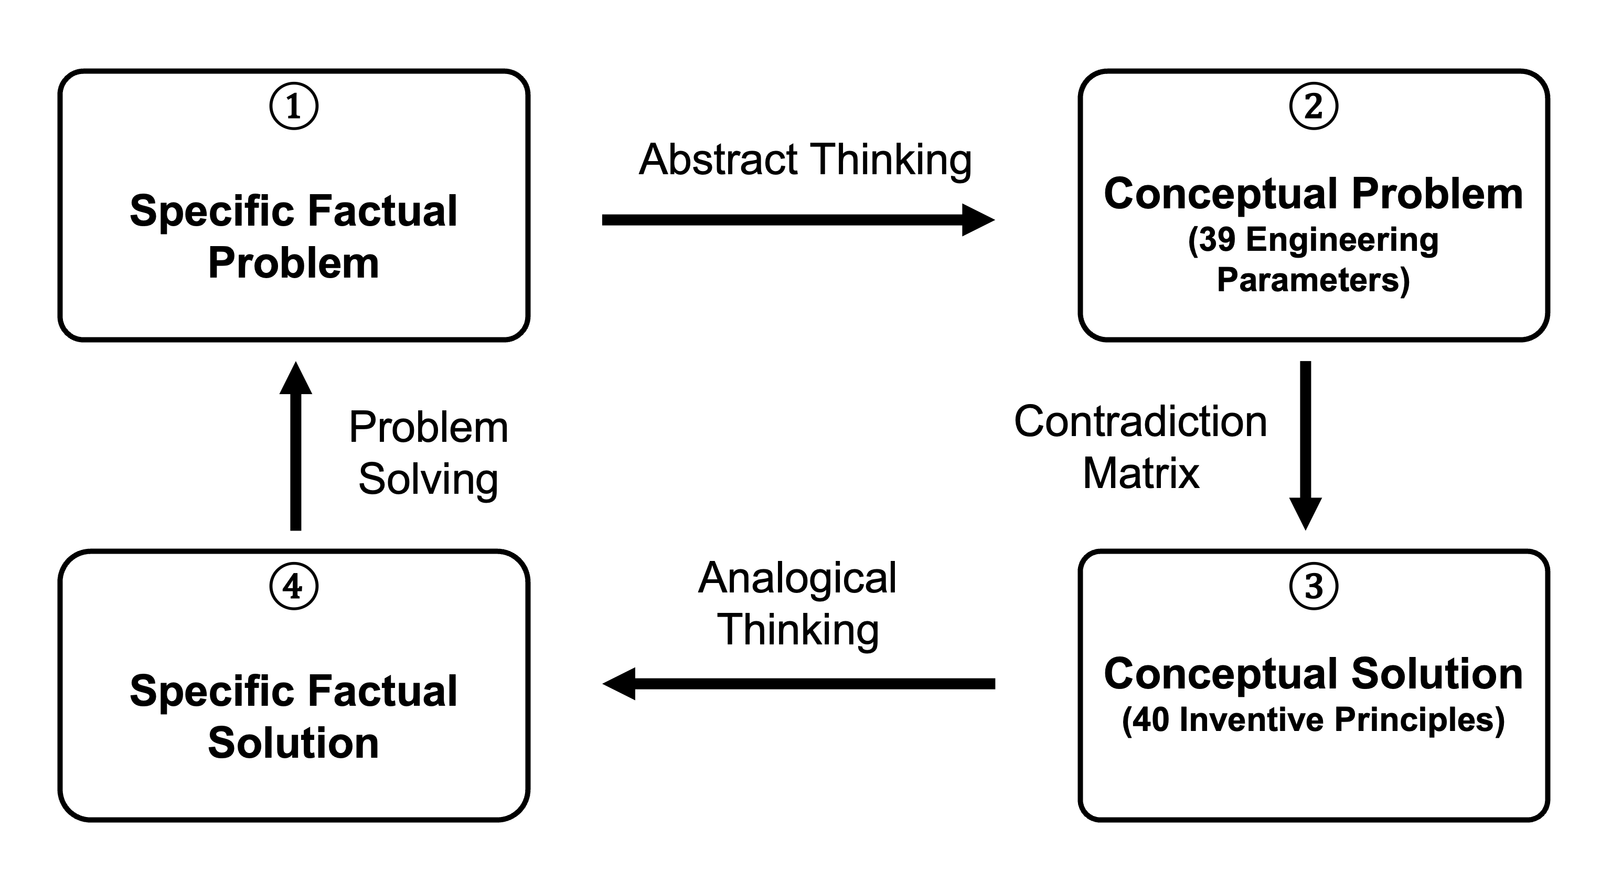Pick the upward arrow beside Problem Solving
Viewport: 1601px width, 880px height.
[296, 446]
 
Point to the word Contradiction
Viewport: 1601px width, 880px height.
[1140, 422]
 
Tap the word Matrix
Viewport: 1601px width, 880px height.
[1140, 474]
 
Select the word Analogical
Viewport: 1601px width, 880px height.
[797, 578]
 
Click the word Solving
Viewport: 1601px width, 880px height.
[428, 480]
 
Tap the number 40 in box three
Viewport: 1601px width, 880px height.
[1150, 719]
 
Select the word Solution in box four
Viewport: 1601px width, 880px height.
[293, 743]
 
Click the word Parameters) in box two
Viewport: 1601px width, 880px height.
[1313, 279]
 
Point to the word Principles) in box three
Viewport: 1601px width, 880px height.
[1419, 719]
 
